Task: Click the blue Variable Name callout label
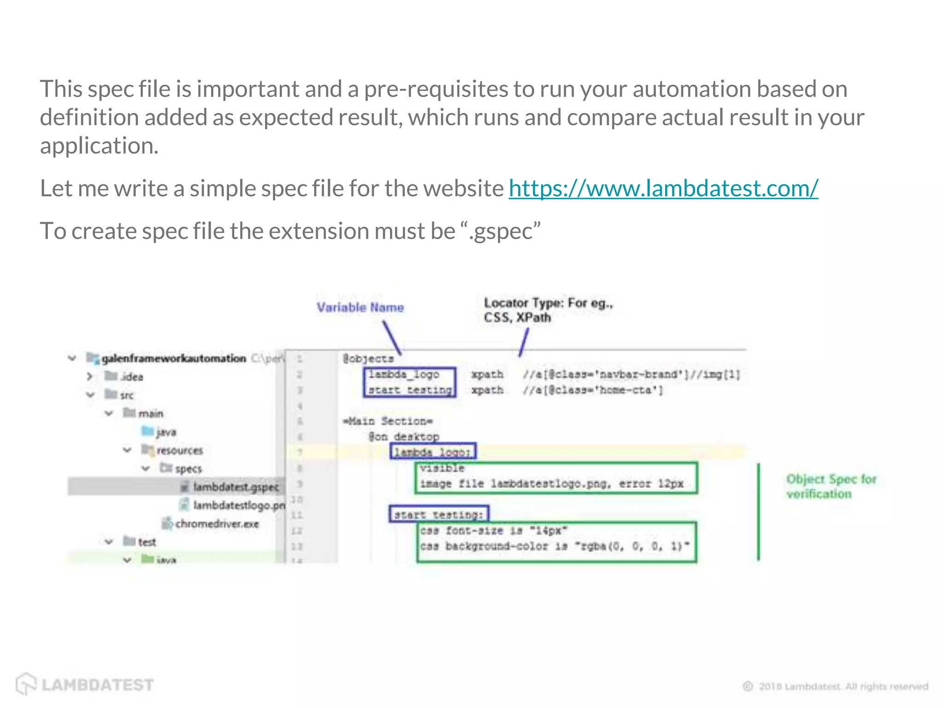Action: pyautogui.click(x=360, y=307)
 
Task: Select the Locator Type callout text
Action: pyautogui.click(x=548, y=310)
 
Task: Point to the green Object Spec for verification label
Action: pyautogui.click(x=831, y=486)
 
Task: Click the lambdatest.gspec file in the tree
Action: pyautogui.click(x=236, y=487)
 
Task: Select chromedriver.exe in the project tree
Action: pyautogui.click(x=217, y=524)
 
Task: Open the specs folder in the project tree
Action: pyautogui.click(x=188, y=469)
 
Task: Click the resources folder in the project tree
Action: pyautogui.click(x=179, y=450)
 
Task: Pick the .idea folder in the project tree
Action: pyautogui.click(x=131, y=377)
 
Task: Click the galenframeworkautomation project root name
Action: pyautogui.click(x=174, y=358)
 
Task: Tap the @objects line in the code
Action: pyautogui.click(x=368, y=359)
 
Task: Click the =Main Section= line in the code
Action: pyautogui.click(x=388, y=421)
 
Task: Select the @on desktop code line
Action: pyautogui.click(x=404, y=437)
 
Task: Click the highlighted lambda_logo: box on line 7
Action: pyautogui.click(x=433, y=452)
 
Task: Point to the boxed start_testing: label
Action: pyautogui.click(x=438, y=514)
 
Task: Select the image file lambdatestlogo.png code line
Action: pyautogui.click(x=551, y=484)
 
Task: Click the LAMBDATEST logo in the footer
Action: pyautogui.click(x=85, y=684)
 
